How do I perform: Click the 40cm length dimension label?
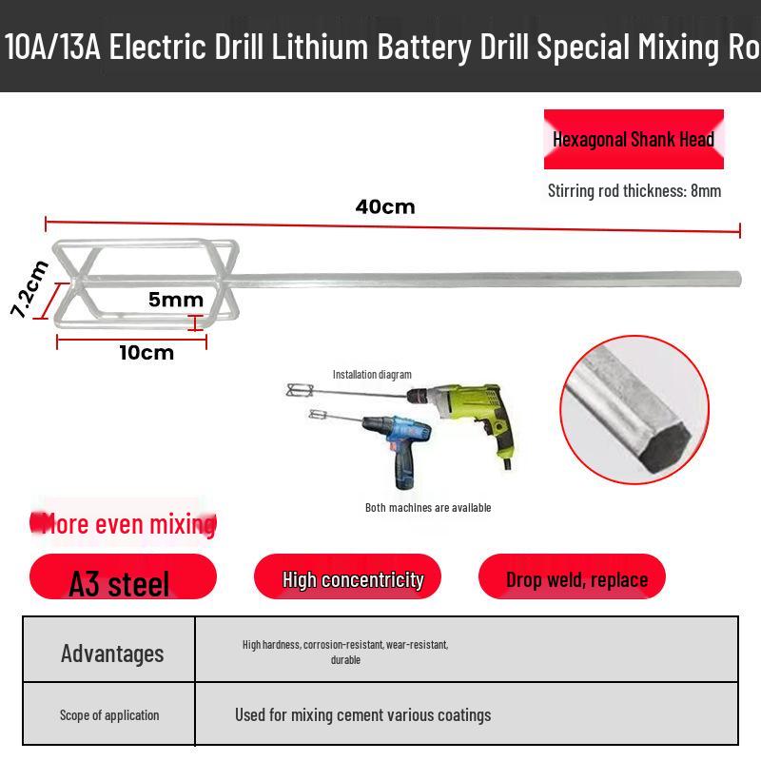(385, 207)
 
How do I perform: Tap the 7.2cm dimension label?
(29, 289)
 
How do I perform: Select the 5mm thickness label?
(176, 300)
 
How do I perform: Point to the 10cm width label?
(146, 353)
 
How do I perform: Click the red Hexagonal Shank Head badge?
(634, 139)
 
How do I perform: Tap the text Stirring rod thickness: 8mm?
(634, 191)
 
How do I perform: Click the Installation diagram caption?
(372, 374)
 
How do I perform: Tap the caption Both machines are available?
(428, 508)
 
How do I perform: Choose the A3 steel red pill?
(123, 576)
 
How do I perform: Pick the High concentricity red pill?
(347, 576)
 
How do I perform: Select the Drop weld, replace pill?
(572, 576)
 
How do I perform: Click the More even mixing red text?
(124, 524)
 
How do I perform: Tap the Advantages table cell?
(109, 650)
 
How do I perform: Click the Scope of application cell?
(109, 714)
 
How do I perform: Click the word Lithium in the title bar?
(320, 47)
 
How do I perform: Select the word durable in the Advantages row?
(345, 660)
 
